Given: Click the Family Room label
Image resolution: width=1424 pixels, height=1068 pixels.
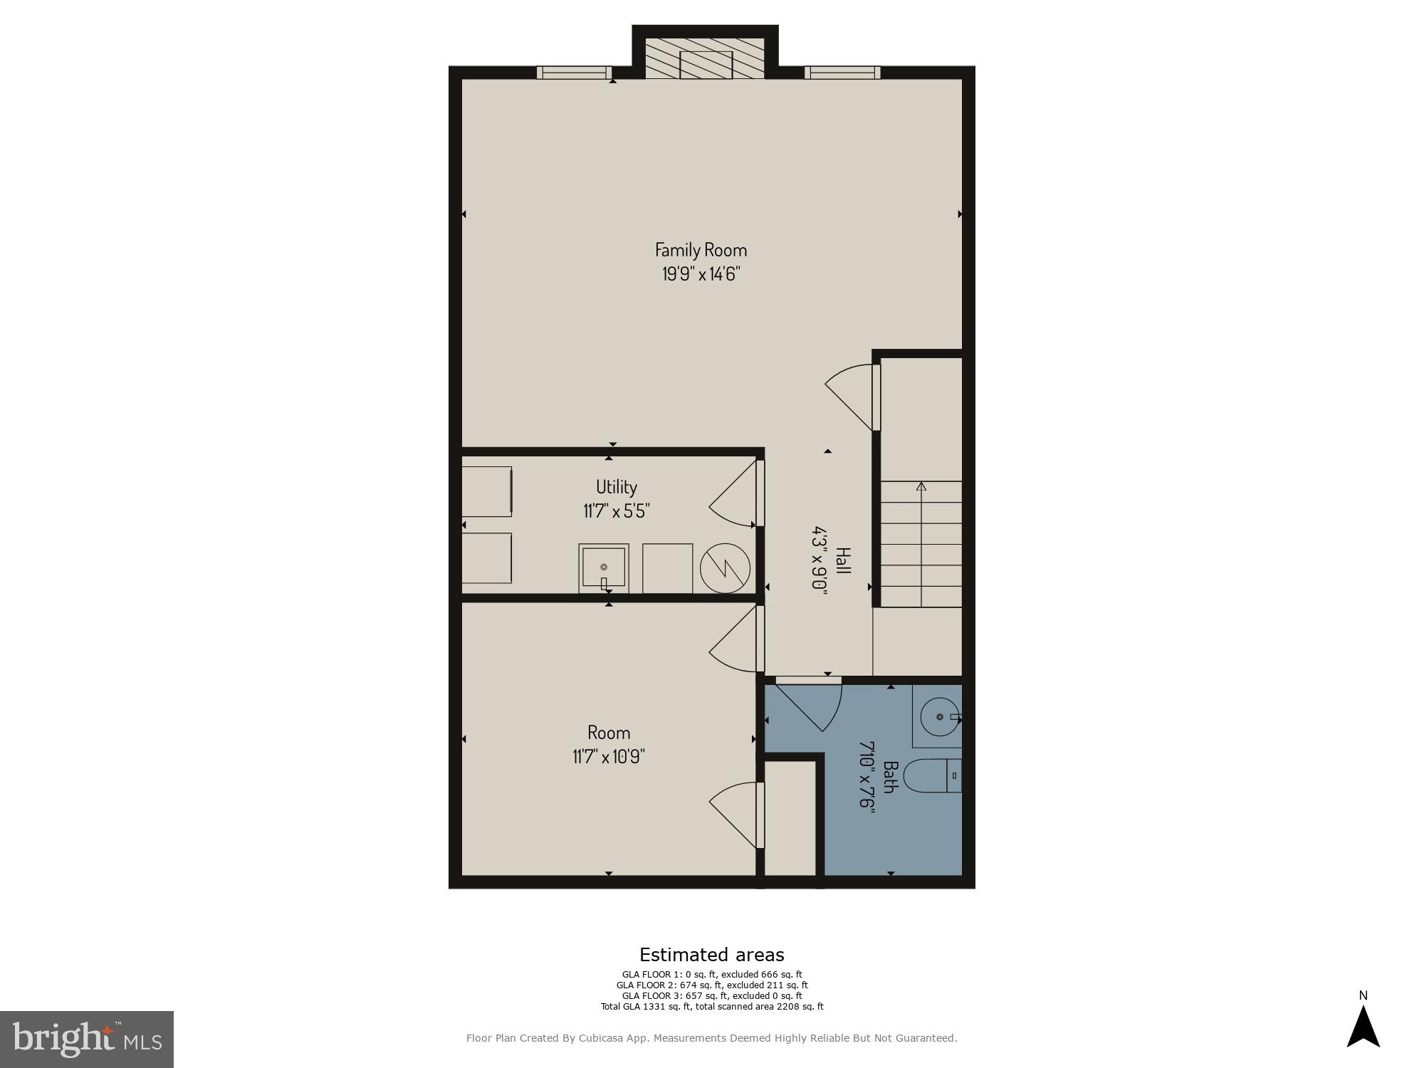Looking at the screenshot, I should click(701, 250).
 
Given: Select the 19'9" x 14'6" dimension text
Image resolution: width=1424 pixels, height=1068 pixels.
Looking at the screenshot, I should click(701, 274).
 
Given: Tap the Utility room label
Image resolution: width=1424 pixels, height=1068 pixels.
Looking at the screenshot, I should click(616, 487).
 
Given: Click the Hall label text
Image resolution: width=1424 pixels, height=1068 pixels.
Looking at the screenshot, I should click(843, 562).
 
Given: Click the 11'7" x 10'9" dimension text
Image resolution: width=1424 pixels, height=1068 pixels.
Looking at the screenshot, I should click(609, 756).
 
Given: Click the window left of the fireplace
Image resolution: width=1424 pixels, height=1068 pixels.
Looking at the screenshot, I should click(574, 72).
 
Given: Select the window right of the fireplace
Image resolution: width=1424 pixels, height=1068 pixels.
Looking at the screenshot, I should click(842, 72).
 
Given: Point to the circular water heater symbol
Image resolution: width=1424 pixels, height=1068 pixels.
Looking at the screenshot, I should click(725, 569).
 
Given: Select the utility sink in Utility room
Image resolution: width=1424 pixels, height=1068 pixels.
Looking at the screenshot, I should click(604, 567).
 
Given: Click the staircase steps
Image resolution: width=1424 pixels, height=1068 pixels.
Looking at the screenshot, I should click(921, 545).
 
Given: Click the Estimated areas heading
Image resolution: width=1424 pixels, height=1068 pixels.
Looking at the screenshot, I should click(711, 955).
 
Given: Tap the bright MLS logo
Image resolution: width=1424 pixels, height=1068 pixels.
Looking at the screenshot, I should click(87, 1039).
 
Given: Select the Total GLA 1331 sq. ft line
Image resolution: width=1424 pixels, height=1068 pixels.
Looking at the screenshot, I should click(711, 1007).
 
